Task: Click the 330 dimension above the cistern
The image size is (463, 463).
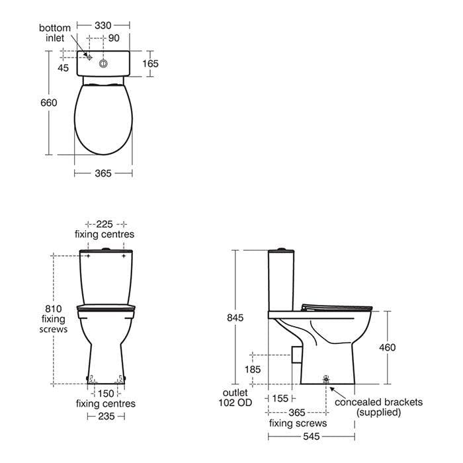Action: click(103, 25)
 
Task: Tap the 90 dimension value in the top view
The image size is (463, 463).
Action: click(114, 38)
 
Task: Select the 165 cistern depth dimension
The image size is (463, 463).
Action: click(150, 63)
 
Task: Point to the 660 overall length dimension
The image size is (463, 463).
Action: click(49, 103)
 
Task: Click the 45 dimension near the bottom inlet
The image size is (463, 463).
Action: click(63, 68)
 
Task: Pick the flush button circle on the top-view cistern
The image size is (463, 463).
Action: click(103, 63)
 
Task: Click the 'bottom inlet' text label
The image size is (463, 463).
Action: click(55, 33)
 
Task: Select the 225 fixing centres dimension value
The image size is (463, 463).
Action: click(105, 224)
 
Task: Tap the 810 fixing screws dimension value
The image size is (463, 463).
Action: click(54, 309)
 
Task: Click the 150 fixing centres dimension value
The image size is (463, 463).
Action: click(106, 394)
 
